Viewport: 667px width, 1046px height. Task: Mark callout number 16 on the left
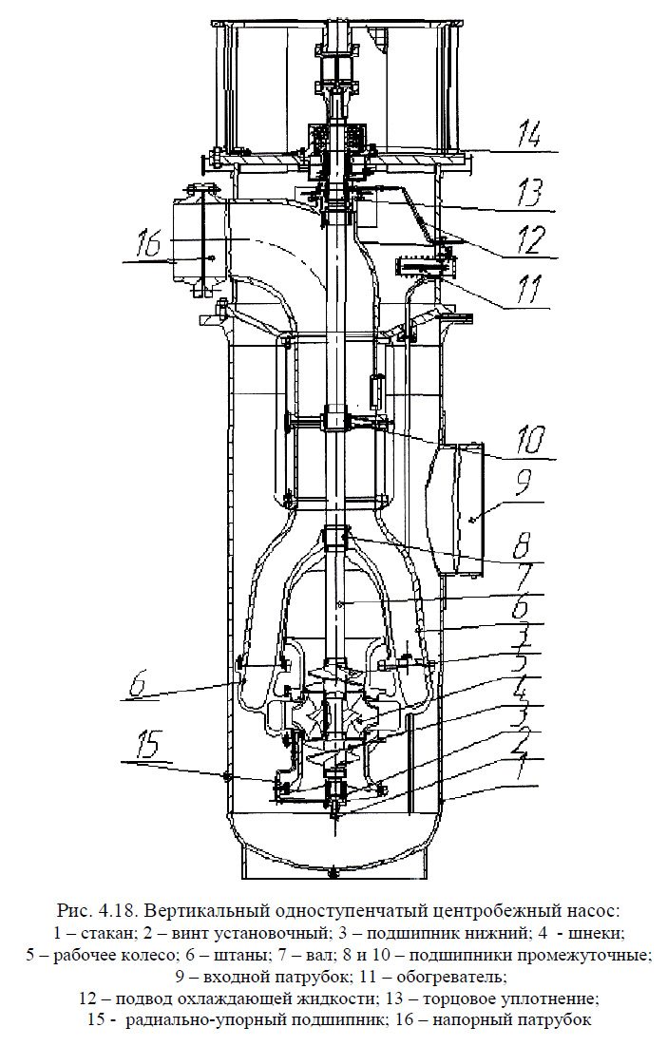(x=149, y=243)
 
